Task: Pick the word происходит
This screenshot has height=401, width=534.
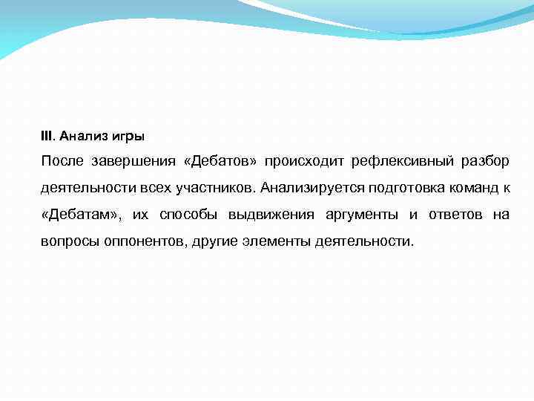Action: [298, 162]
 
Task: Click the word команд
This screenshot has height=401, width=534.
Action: [471, 189]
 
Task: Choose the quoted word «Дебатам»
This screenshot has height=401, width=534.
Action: [79, 215]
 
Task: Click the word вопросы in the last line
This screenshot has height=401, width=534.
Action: [66, 242]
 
